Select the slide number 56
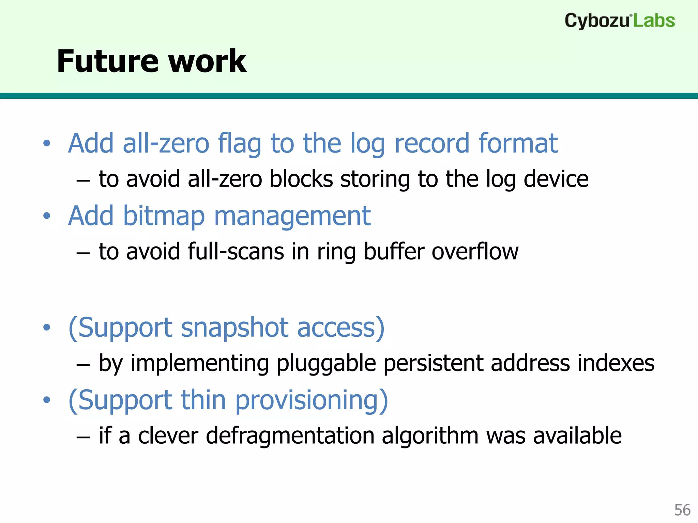pos(682,510)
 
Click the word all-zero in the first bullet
pos(166,143)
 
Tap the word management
pos(292,217)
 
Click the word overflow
pos(475,252)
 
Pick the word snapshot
pos(235,328)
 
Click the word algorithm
pos(430,436)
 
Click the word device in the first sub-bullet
pos(556,179)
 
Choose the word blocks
pos(301,179)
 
